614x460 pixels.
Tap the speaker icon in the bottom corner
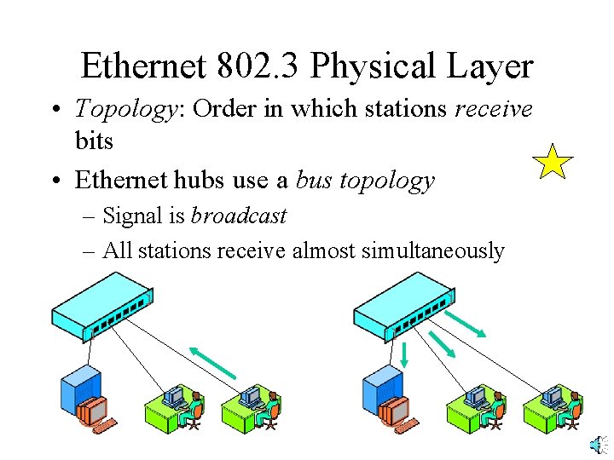pos(598,445)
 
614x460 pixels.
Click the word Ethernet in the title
pos(144,66)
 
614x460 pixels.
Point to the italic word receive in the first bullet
pos(493,108)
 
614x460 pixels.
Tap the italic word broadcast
pos(239,216)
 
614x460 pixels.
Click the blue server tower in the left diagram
pos(81,390)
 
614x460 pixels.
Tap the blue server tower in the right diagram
pos(382,390)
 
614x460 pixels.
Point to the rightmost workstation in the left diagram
pos(252,408)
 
